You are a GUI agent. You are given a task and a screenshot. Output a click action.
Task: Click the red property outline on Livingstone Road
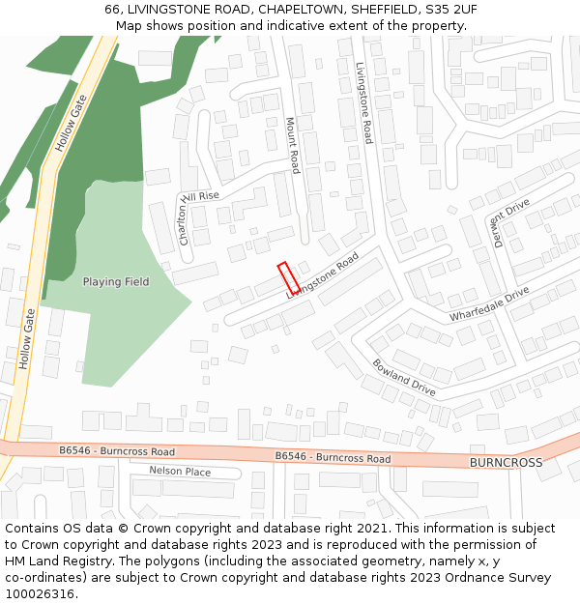[x=288, y=278]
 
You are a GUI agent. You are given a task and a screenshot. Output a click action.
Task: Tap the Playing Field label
[x=116, y=282]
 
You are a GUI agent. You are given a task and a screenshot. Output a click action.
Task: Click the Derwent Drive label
[x=512, y=223]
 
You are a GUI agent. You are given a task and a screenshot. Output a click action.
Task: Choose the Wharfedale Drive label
[x=489, y=304]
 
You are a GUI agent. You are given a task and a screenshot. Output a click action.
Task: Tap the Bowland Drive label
[x=404, y=378]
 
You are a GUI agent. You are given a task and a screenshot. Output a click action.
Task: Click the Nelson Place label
[x=180, y=471]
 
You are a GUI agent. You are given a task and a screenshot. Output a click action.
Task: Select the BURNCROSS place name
[x=506, y=463]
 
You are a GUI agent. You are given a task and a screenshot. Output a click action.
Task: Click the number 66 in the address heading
[x=112, y=10]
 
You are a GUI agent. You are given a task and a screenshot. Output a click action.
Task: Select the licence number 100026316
[x=40, y=593]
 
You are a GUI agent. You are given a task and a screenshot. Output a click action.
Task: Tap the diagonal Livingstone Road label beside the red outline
[x=323, y=275]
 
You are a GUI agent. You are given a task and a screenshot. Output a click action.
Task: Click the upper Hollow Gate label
[x=71, y=129]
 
